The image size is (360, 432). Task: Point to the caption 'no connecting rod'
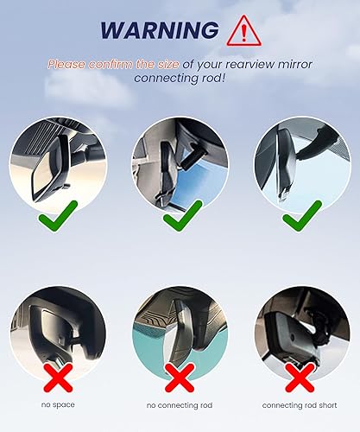tap(180, 405)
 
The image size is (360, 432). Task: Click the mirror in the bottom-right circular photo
tap(294, 337)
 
